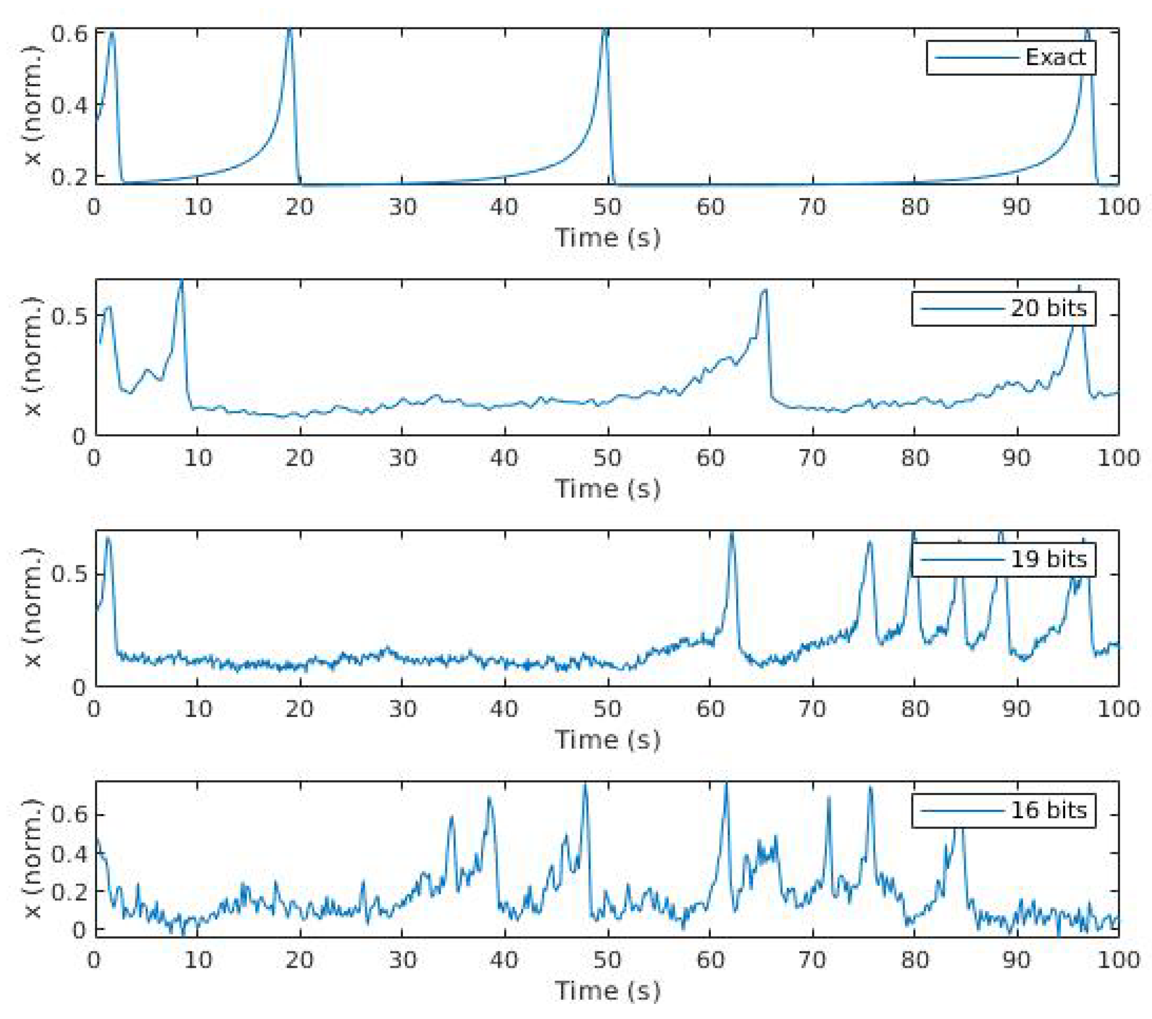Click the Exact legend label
(x=1055, y=58)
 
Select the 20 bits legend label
(x=1048, y=309)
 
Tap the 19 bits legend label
(x=1048, y=559)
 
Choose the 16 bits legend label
(x=1048, y=810)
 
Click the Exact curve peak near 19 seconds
(x=290, y=29)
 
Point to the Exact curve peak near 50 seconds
(x=605, y=29)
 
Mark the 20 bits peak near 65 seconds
(x=765, y=291)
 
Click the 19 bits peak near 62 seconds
(x=731, y=533)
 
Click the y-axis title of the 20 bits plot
(x=34, y=357)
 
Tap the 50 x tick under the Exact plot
(x=607, y=207)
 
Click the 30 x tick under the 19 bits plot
(x=402, y=708)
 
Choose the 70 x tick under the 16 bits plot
(x=812, y=960)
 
